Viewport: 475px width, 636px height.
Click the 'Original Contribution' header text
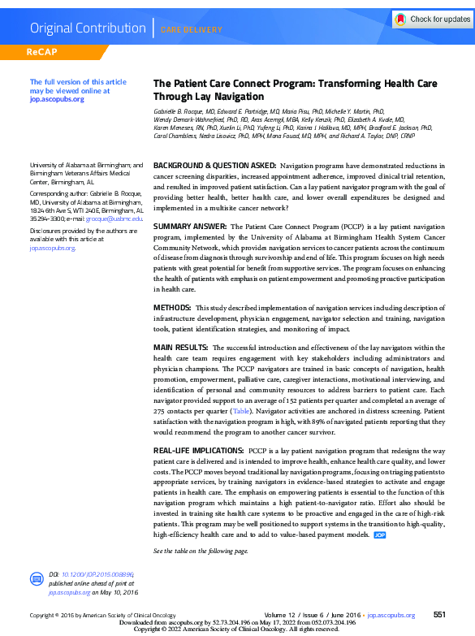(x=87, y=28)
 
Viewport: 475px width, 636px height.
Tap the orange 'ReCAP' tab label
(x=45, y=53)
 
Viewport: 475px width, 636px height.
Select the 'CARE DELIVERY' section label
(x=191, y=30)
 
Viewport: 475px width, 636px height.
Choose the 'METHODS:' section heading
(x=172, y=308)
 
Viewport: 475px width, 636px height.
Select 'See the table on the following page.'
(x=201, y=551)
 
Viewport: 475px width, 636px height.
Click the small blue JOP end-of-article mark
(x=379, y=536)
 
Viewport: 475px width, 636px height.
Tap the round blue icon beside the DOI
(x=37, y=579)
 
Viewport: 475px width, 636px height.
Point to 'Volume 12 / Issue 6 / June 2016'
(x=313, y=616)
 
